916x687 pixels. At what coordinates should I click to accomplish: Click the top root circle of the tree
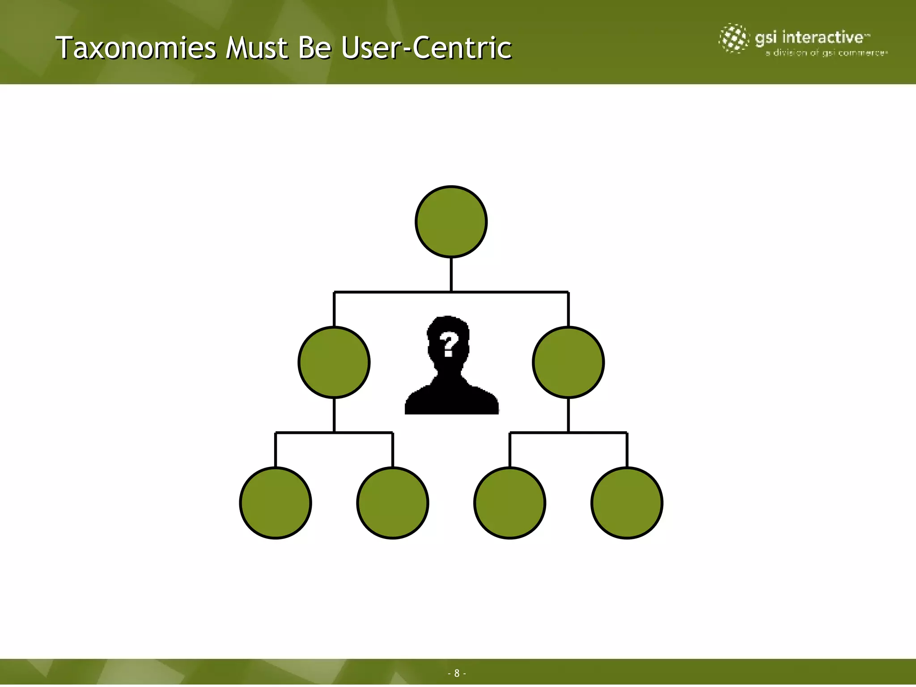coord(451,222)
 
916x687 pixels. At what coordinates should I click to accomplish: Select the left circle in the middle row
coord(334,362)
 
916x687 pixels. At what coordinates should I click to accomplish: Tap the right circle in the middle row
coord(568,362)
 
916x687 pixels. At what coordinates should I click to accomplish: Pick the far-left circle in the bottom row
coord(276,503)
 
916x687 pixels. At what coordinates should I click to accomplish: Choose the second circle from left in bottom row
coord(393,503)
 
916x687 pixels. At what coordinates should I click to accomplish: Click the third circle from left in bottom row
coord(510,503)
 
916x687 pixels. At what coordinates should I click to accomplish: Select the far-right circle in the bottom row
coord(627,503)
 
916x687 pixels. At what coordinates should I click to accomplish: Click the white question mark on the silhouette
coord(449,344)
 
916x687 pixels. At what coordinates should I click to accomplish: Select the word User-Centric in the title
coord(426,48)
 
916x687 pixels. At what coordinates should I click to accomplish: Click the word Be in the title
coord(315,48)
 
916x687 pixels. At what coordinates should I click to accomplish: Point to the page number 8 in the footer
coord(457,673)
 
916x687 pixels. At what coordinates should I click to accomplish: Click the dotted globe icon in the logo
coord(734,38)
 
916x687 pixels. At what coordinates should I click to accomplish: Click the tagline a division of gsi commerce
coord(826,53)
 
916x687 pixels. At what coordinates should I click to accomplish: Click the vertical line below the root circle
coord(451,275)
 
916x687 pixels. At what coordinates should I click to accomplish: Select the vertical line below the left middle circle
coord(334,415)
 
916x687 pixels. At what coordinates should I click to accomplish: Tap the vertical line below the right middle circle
coord(568,415)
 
